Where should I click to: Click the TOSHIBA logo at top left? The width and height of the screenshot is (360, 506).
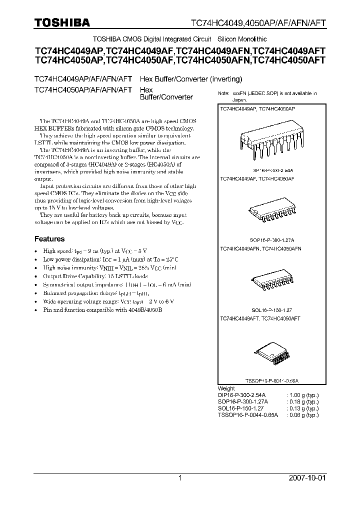[62, 22]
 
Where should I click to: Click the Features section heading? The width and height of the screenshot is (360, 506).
[49, 239]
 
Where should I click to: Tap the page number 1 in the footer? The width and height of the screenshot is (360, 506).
[180, 478]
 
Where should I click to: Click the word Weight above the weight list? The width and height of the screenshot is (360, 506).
[226, 388]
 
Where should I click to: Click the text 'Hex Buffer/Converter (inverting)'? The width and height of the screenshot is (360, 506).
[190, 78]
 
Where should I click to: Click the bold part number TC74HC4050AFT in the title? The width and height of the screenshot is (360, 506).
[289, 60]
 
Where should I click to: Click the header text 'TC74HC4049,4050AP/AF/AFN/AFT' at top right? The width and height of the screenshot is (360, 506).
[259, 23]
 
